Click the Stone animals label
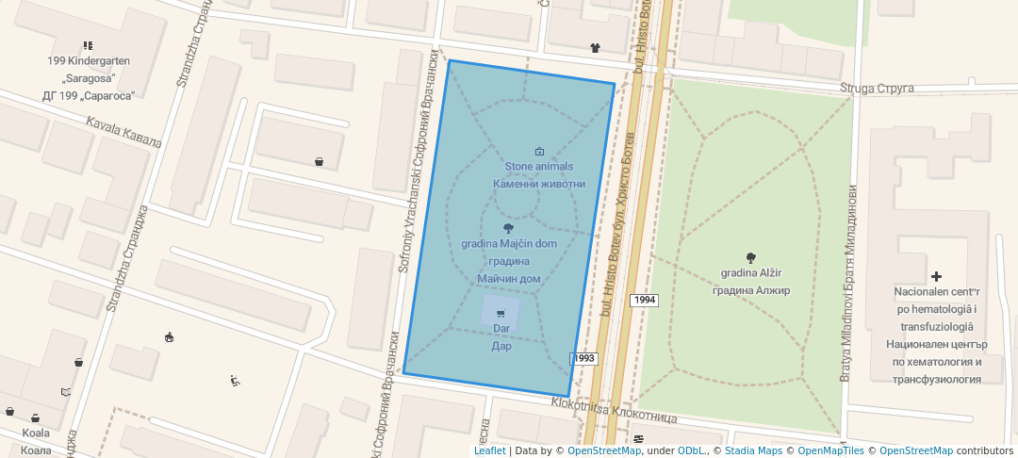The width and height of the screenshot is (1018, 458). (538, 175)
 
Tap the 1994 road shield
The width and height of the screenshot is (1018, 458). (645, 300)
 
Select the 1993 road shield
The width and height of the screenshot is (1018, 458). (583, 359)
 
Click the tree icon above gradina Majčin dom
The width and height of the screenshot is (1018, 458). (509, 228)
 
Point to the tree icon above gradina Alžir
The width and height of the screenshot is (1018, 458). (751, 257)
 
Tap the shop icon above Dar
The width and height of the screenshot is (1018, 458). (501, 314)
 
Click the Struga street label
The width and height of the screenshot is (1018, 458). (878, 89)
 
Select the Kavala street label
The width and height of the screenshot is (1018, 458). (123, 132)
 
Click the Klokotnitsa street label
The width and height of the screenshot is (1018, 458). (615, 410)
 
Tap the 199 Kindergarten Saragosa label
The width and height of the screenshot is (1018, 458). (89, 77)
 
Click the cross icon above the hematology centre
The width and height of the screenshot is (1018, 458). (936, 276)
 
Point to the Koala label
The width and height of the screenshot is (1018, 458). (36, 441)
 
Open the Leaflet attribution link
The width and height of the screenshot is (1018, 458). (489, 450)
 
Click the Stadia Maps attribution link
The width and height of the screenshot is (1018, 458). (752, 450)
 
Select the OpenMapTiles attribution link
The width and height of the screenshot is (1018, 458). (826, 450)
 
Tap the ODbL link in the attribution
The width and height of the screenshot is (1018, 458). (691, 450)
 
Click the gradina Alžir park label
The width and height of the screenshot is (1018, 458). (751, 282)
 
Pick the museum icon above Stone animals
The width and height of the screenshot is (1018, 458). (539, 151)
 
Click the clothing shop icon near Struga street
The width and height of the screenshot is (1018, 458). (595, 47)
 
